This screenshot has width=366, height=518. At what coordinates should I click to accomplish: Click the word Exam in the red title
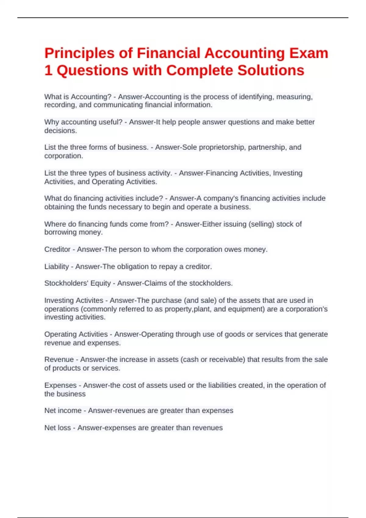click(309, 53)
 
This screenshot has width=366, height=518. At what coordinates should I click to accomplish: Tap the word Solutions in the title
click(271, 70)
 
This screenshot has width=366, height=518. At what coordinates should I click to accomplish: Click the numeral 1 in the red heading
click(48, 70)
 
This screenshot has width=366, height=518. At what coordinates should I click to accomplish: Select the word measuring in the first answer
click(294, 97)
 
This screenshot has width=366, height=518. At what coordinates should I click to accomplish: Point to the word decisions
click(60, 131)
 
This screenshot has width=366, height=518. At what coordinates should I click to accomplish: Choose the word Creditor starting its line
click(57, 249)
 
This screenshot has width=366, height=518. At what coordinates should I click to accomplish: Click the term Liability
click(56, 267)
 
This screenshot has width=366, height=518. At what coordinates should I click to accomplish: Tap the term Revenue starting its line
click(59, 360)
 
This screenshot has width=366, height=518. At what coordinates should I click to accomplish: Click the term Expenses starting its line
click(60, 385)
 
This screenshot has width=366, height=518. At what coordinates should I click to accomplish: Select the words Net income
click(63, 411)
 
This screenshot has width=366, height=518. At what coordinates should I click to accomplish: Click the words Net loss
click(58, 428)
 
